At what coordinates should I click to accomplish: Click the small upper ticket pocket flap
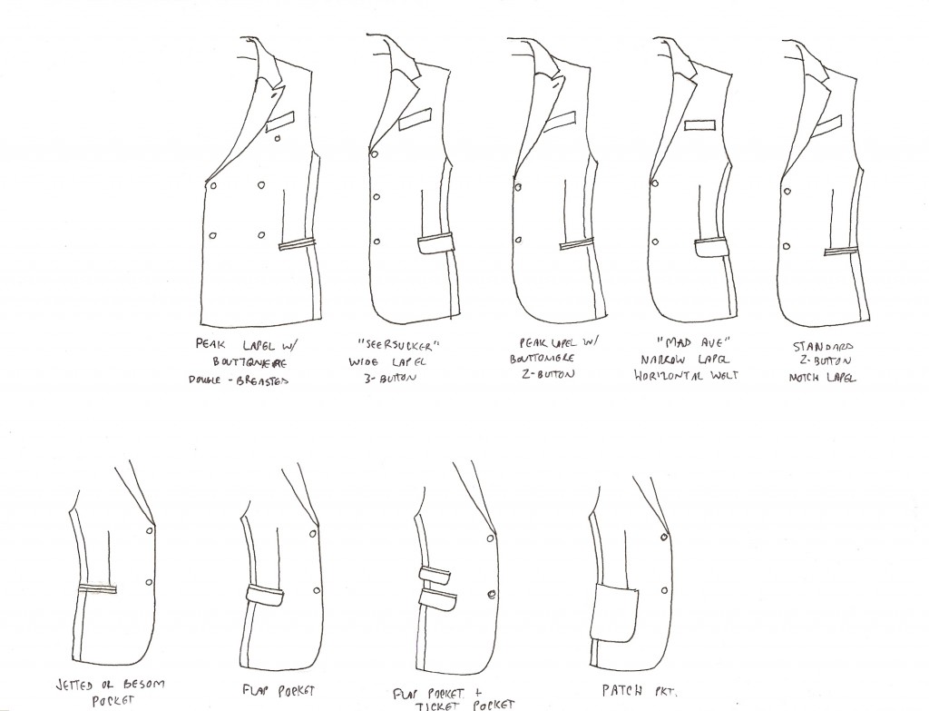(x=436, y=574)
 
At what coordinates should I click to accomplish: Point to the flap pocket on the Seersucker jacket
(x=435, y=244)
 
